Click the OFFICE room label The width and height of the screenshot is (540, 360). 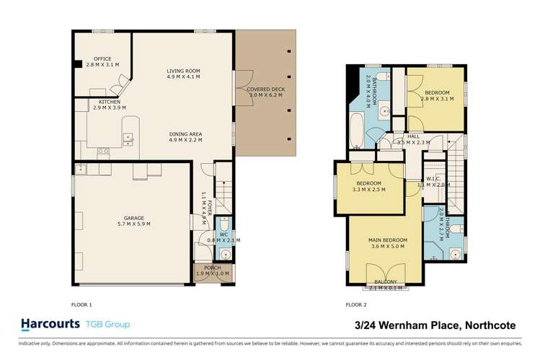point(102,58)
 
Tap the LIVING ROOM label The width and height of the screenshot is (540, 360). point(183,71)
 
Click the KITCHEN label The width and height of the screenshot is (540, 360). point(110,102)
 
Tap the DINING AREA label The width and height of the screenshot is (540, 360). point(185,133)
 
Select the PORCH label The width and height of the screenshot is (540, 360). point(213,268)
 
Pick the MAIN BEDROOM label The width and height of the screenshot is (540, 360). point(389,240)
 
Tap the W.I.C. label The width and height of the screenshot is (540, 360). point(433,178)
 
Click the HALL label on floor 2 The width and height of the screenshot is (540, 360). point(413,136)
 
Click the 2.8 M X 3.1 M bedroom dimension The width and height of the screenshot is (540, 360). point(437,99)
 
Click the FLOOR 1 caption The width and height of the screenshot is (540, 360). point(81,304)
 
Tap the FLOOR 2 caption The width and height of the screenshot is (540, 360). point(356,304)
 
